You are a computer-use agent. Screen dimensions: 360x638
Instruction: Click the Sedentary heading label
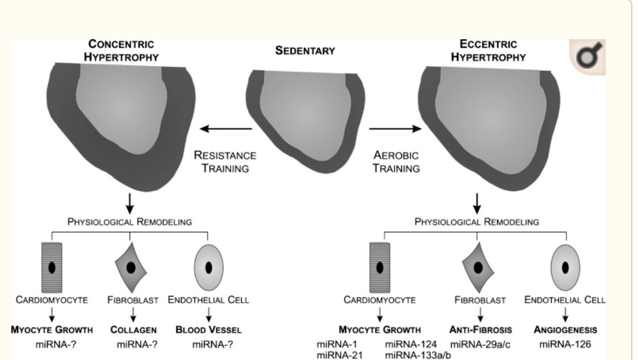tap(305, 51)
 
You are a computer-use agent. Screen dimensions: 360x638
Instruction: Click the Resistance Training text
tap(225, 161)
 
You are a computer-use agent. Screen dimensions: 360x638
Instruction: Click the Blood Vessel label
tap(208, 329)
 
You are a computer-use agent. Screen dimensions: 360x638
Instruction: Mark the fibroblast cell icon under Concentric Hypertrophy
tap(131, 267)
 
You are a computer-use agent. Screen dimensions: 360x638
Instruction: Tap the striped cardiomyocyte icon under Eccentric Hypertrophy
tap(380, 267)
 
